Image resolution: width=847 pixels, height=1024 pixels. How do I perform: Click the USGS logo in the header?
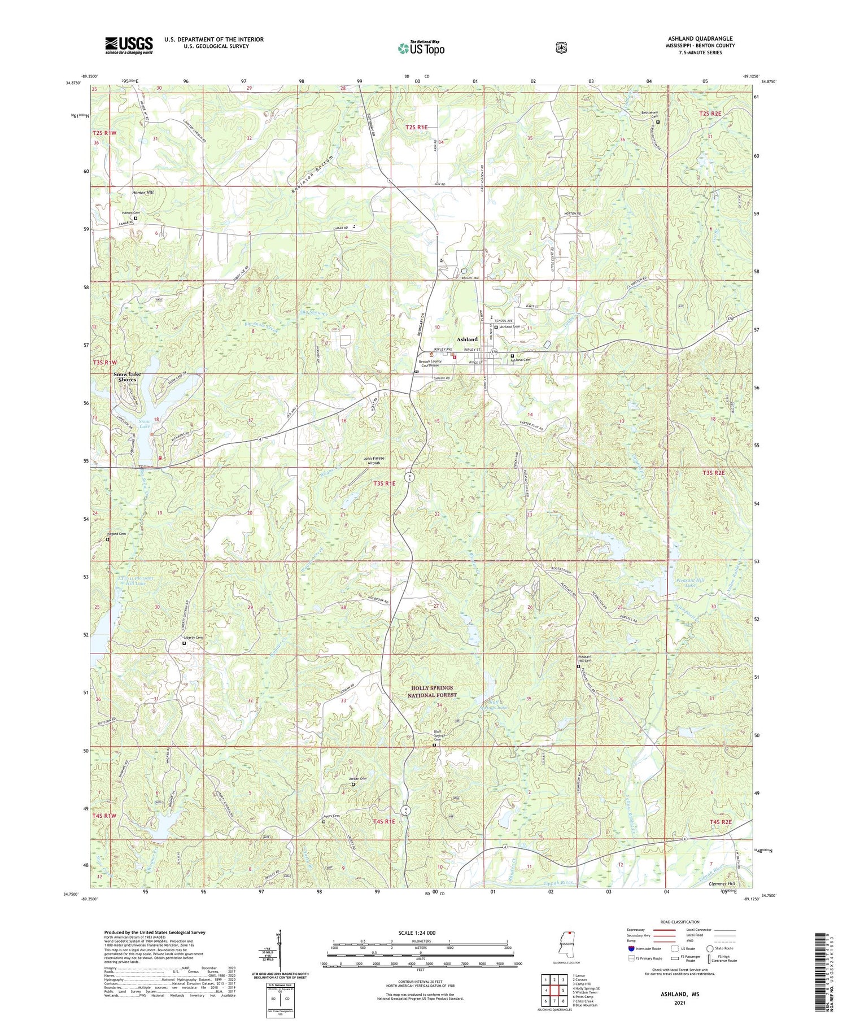pyautogui.click(x=129, y=45)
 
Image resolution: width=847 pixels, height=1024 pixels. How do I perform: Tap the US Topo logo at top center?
pyautogui.click(x=421, y=48)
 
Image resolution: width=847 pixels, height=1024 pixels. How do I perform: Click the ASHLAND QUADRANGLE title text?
pyautogui.click(x=700, y=38)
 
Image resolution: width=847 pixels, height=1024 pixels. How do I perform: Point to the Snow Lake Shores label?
pyautogui.click(x=127, y=377)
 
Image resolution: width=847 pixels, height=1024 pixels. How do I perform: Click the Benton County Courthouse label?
pyautogui.click(x=433, y=363)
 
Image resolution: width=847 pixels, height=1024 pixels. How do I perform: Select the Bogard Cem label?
pyautogui.click(x=116, y=534)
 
